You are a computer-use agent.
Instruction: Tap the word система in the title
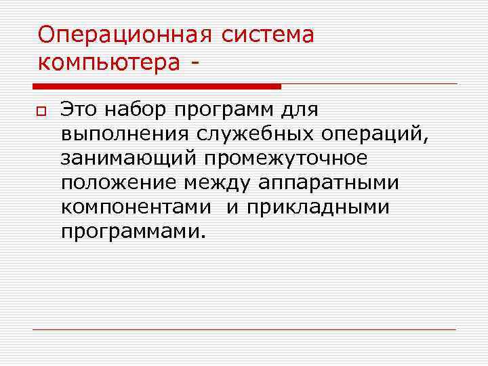[266, 34]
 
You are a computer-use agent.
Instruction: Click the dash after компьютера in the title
[196, 62]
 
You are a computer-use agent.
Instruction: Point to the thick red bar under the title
[157, 87]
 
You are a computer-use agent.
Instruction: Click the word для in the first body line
[302, 110]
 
